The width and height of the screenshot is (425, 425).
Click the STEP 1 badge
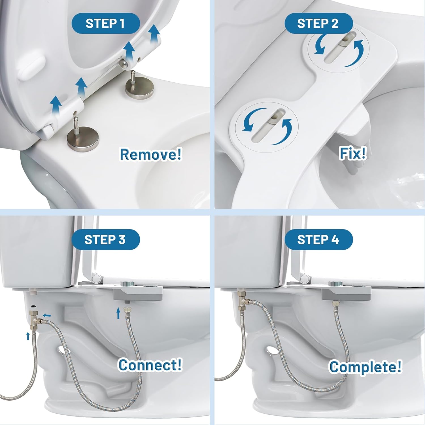[105, 24]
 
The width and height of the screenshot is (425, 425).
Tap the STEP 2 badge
[318, 24]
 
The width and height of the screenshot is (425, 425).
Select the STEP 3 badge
[105, 240]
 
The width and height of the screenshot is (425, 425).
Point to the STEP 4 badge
[318, 240]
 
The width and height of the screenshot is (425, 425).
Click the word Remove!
[150, 154]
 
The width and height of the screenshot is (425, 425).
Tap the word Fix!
[353, 153]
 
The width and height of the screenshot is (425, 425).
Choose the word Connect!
[150, 365]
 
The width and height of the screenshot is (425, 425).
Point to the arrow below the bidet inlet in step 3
[118, 313]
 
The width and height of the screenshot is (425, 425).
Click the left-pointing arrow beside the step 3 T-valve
[47, 315]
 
